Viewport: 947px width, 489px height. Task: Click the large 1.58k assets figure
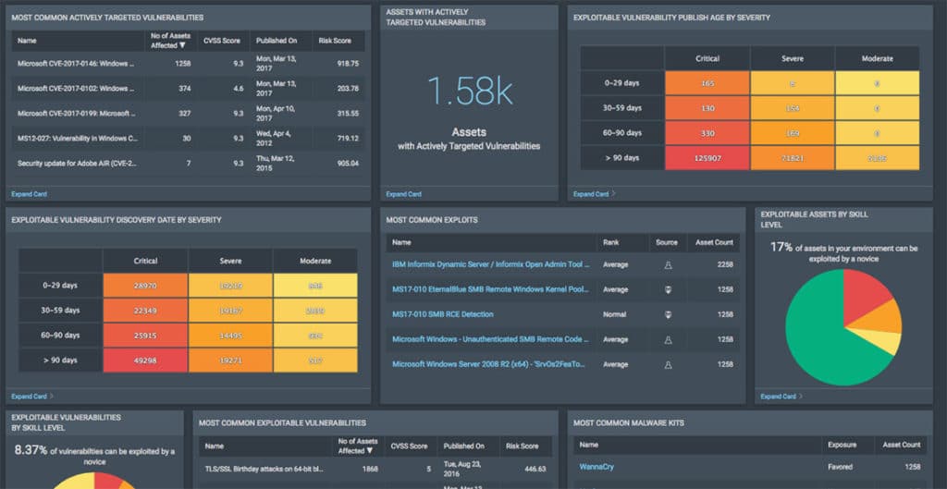[x=470, y=93]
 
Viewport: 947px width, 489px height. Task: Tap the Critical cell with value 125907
[x=707, y=159]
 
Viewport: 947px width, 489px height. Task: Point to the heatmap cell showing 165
[x=707, y=83]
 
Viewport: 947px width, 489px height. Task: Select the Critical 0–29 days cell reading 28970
[x=144, y=287]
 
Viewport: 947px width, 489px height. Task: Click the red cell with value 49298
[x=144, y=359]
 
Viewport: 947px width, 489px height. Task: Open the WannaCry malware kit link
[x=596, y=467]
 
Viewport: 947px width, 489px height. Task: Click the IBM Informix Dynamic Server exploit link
[x=490, y=264]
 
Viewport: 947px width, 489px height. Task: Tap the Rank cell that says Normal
[x=615, y=314]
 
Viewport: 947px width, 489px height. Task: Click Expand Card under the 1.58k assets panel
[x=403, y=194]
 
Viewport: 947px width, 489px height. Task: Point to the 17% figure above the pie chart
[x=781, y=247]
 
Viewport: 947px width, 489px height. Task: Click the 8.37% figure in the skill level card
[x=34, y=451]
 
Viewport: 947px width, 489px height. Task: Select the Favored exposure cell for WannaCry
[x=842, y=467]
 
